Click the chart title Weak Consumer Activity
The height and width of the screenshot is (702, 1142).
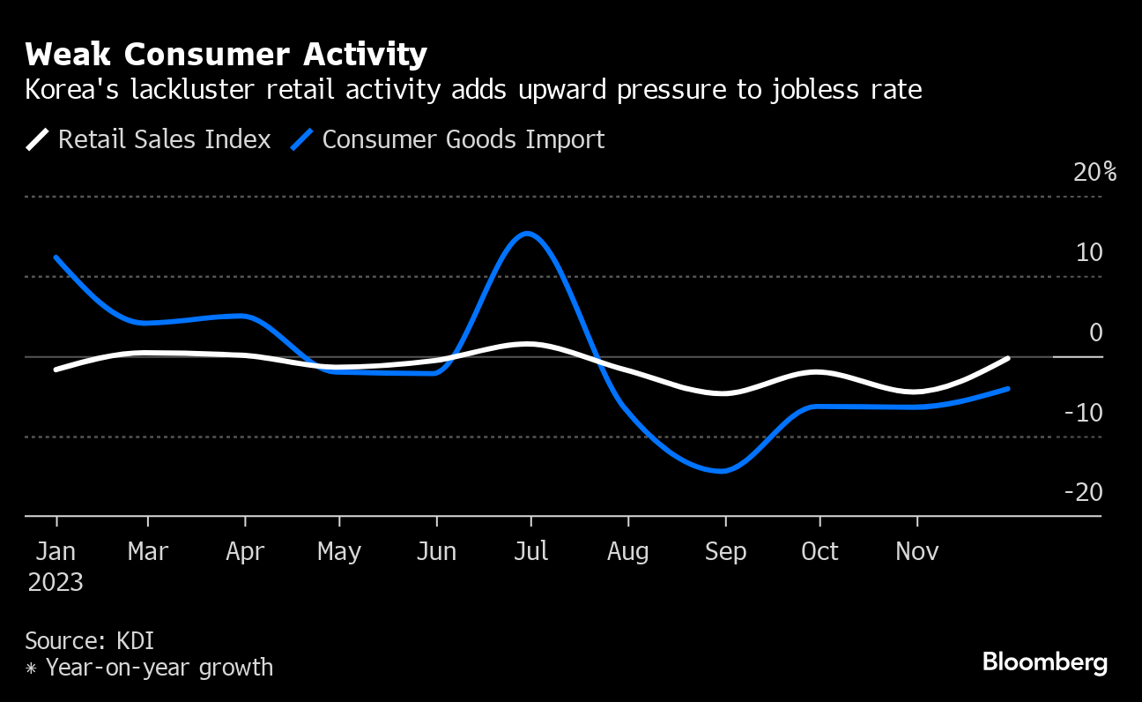[226, 55]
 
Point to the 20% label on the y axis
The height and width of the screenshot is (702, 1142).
[1094, 172]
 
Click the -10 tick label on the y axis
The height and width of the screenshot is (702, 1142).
[1083, 413]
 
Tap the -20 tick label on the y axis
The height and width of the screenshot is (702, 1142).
[1083, 492]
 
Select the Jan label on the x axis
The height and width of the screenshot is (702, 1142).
[56, 552]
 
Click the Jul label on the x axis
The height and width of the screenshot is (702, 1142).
[530, 552]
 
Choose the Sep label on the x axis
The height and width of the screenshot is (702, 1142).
[725, 552]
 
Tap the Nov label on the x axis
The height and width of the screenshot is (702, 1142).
[916, 552]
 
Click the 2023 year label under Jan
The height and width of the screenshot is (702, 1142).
[56, 582]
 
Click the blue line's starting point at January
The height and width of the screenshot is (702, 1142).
[56, 258]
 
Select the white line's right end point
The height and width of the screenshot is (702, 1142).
[1007, 359]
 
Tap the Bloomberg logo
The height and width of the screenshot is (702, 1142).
[1044, 662]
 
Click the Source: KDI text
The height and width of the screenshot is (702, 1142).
[90, 640]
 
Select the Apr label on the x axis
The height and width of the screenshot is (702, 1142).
[245, 552]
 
